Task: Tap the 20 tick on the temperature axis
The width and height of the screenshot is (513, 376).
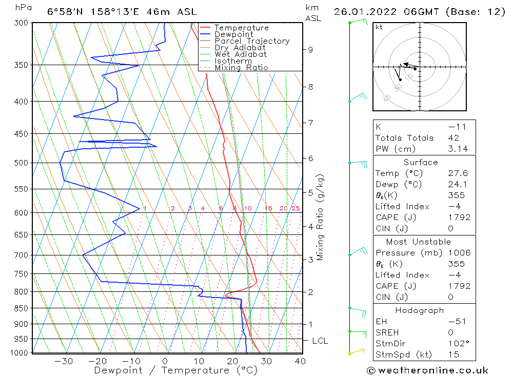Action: pyautogui.click(x=232, y=361)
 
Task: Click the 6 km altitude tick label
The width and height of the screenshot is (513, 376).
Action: pyautogui.click(x=310, y=159)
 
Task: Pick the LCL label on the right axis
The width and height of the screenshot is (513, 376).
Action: pyautogui.click(x=320, y=341)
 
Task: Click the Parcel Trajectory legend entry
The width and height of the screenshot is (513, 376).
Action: pyautogui.click(x=252, y=41)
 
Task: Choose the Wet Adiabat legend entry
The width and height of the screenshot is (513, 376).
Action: pyautogui.click(x=241, y=54)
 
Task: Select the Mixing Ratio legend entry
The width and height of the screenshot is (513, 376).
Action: pyautogui.click(x=241, y=68)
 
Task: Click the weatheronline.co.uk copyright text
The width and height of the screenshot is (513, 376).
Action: pyautogui.click(x=427, y=370)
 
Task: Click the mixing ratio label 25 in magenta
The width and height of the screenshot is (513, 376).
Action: pyautogui.click(x=295, y=208)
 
